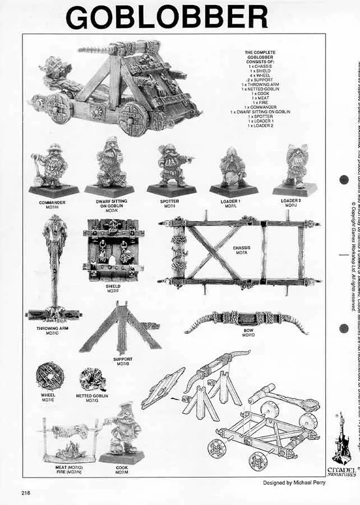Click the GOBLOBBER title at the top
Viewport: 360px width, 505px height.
166,16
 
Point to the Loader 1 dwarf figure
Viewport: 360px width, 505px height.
232,168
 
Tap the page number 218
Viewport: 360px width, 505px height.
26,493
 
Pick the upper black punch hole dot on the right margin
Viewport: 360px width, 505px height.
344,181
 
